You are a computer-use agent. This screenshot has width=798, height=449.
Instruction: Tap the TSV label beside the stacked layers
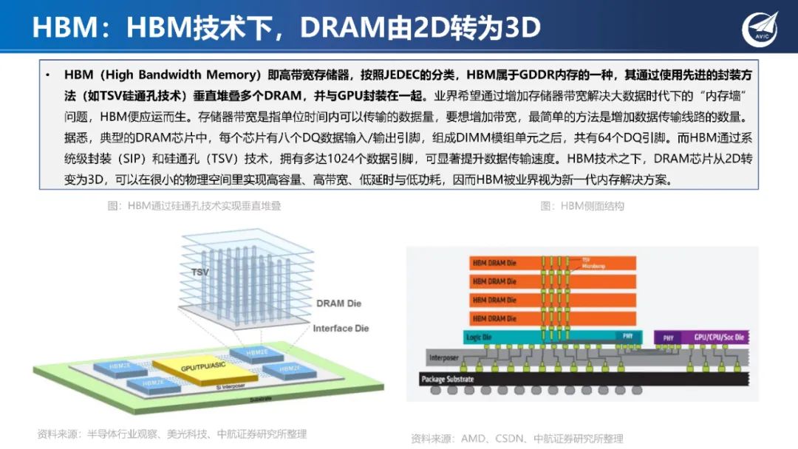[199, 272]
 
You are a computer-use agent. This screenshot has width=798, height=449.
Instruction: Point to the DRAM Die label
[339, 304]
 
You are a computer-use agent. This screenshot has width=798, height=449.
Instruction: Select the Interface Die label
[341, 328]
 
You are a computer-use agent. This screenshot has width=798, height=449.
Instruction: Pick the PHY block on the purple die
[668, 337]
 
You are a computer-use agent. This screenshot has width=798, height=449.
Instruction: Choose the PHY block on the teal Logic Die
[627, 337]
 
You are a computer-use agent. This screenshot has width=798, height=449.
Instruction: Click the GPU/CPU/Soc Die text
[719, 337]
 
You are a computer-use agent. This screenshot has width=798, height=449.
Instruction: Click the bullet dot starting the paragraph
[48, 76]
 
